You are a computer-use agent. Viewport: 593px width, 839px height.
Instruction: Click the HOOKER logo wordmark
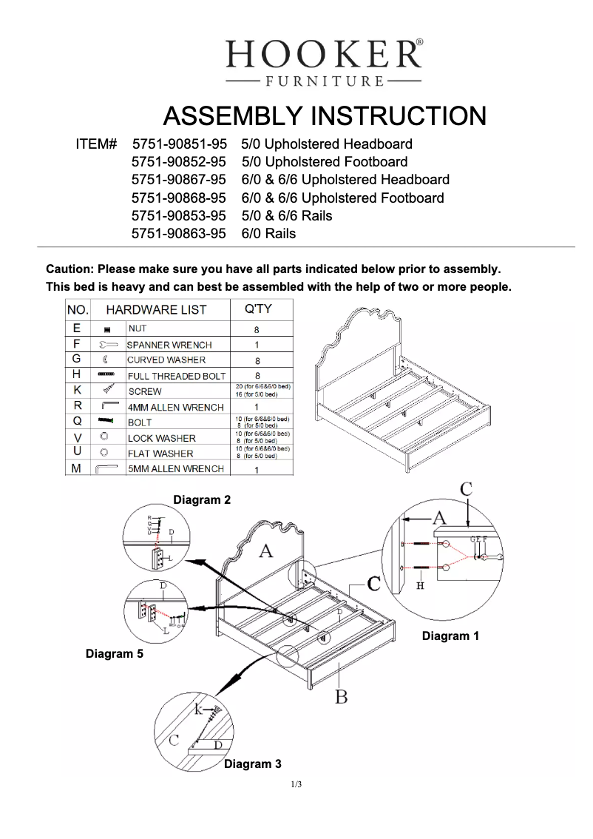pyautogui.click(x=324, y=55)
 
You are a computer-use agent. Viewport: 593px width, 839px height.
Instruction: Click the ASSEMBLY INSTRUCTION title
pyautogui.click(x=324, y=116)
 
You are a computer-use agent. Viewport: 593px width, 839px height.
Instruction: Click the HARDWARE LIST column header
pyautogui.click(x=156, y=309)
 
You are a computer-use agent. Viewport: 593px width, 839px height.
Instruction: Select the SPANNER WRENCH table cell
pyautogui.click(x=169, y=345)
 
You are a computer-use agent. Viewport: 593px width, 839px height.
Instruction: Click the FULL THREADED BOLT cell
pyautogui.click(x=177, y=376)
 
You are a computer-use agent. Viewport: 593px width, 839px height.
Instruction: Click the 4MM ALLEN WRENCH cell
pyautogui.click(x=175, y=407)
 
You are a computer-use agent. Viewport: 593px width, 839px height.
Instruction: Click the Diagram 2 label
pyautogui.click(x=202, y=500)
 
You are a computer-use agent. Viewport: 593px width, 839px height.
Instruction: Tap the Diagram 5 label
pyautogui.click(x=115, y=654)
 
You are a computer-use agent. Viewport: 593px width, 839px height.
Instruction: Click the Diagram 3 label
pyautogui.click(x=253, y=764)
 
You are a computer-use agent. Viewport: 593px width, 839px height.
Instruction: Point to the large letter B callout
pyautogui.click(x=341, y=696)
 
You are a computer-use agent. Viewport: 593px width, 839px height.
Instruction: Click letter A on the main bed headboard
pyautogui.click(x=265, y=550)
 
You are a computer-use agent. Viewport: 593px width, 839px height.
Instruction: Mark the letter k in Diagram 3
pyautogui.click(x=198, y=710)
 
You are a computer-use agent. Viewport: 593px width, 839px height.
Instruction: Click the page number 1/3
pyautogui.click(x=296, y=784)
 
